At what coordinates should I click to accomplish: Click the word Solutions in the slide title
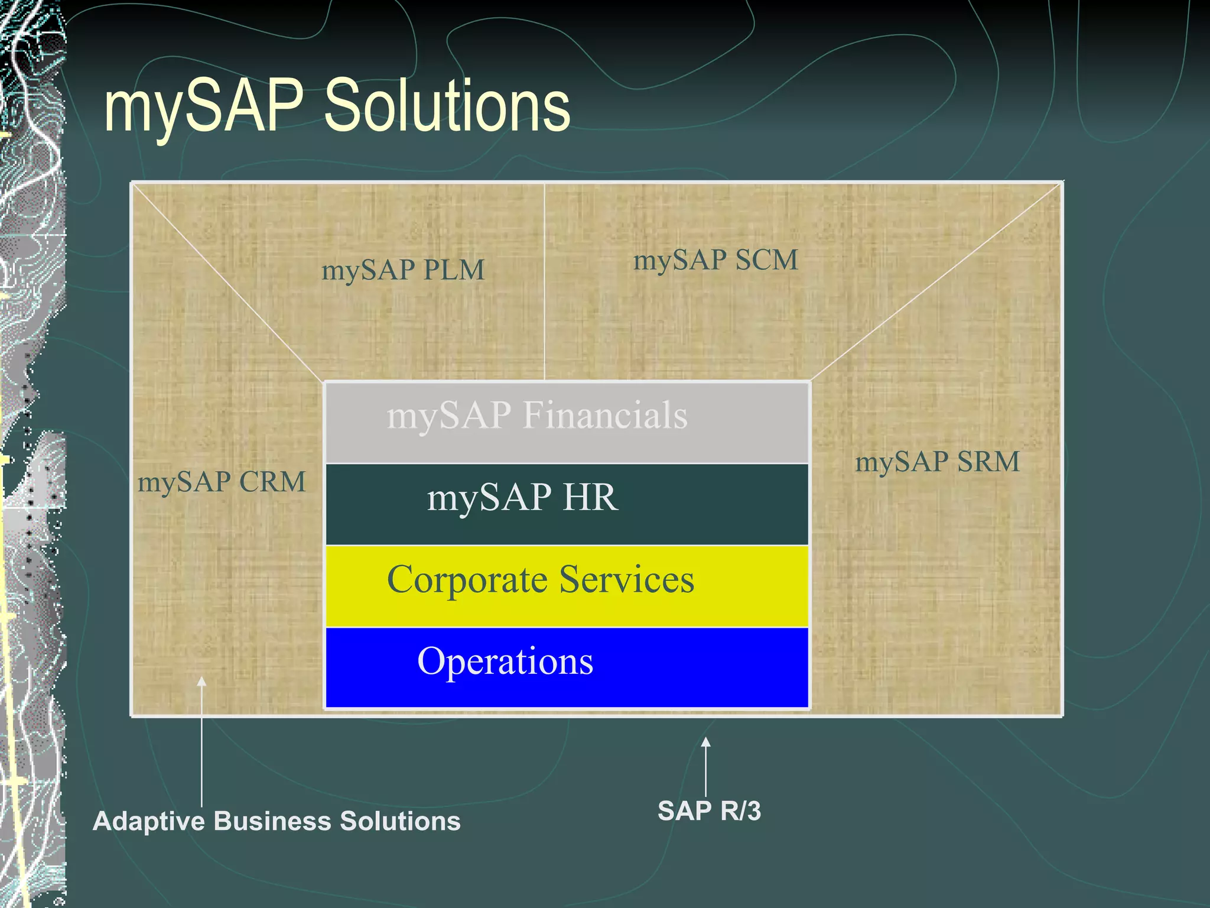(447, 106)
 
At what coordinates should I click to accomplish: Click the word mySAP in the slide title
(204, 106)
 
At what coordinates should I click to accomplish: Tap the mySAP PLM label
(402, 270)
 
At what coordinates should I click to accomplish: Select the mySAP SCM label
(715, 260)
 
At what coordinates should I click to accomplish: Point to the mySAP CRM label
(222, 482)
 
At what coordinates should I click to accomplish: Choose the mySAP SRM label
(938, 462)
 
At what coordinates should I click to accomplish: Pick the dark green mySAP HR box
(566, 504)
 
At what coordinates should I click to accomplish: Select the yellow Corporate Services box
(566, 585)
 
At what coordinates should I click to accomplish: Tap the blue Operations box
(566, 667)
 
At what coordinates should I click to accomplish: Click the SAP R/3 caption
(709, 811)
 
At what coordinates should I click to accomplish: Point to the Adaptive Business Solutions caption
(277, 821)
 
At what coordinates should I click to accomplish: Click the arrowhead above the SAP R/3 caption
(705, 742)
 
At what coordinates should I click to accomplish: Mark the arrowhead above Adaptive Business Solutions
(201, 682)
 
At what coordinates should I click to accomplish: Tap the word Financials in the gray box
(605, 415)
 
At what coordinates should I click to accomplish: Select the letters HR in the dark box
(590, 497)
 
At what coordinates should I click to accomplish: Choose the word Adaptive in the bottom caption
(149, 821)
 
